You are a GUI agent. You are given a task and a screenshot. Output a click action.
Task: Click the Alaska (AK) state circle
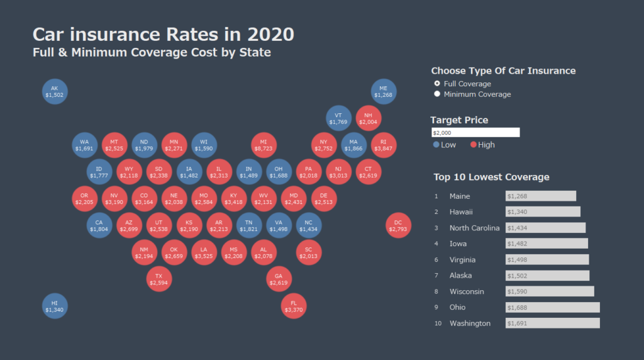pyautogui.click(x=54, y=92)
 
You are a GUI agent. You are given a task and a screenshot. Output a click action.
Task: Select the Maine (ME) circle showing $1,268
pyautogui.click(x=383, y=92)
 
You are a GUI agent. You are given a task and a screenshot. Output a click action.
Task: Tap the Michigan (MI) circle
pyautogui.click(x=264, y=144)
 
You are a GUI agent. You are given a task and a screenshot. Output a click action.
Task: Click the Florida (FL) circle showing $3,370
pyautogui.click(x=294, y=306)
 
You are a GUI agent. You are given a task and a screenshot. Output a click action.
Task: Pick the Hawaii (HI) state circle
pyautogui.click(x=54, y=306)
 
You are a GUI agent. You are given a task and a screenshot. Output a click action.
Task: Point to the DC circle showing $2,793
pyautogui.click(x=398, y=225)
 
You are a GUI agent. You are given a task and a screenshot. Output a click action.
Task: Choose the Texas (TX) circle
pyautogui.click(x=158, y=279)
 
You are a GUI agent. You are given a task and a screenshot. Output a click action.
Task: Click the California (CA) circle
pyautogui.click(x=99, y=225)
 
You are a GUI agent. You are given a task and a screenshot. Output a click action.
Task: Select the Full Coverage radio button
pyautogui.click(x=437, y=84)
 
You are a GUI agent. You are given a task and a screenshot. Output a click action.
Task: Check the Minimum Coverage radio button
pyautogui.click(x=437, y=94)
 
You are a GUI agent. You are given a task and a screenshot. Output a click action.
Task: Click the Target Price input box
pyautogui.click(x=475, y=133)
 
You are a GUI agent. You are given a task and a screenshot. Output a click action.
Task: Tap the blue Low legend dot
pyautogui.click(x=436, y=145)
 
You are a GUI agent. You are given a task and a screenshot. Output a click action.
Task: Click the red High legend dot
pyautogui.click(x=474, y=145)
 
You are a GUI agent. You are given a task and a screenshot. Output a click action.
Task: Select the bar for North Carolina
pyautogui.click(x=545, y=228)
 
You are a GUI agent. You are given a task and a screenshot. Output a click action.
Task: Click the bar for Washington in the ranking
pyautogui.click(x=552, y=323)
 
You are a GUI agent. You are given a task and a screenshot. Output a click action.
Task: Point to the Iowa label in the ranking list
pyautogui.click(x=458, y=244)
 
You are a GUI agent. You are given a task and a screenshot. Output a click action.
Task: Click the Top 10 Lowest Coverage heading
pyautogui.click(x=491, y=177)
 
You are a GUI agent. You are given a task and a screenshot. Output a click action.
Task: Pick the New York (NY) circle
pyautogui.click(x=323, y=144)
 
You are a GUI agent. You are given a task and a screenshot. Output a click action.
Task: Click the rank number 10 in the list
pyautogui.click(x=438, y=323)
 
